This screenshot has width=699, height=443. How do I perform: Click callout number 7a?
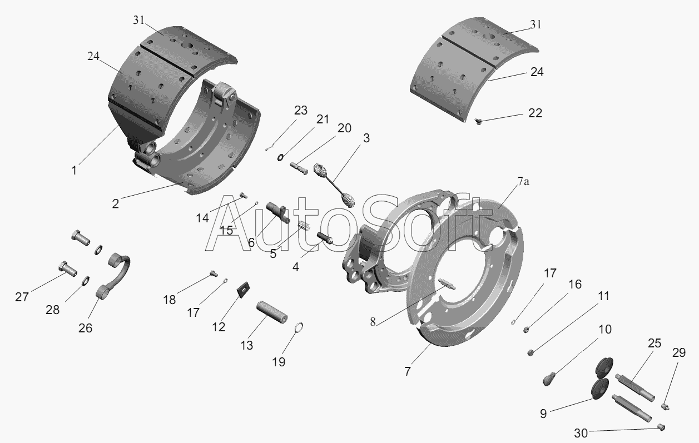click(523, 181)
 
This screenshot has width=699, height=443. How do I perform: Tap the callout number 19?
click(279, 362)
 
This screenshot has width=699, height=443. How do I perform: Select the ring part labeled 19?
click(299, 327)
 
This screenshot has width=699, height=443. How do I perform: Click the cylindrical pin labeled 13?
click(272, 312)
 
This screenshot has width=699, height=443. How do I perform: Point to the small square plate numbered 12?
click(244, 289)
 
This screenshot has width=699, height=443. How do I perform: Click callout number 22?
click(535, 113)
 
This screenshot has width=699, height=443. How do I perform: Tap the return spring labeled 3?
click(334, 185)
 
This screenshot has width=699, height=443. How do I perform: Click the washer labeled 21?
click(280, 157)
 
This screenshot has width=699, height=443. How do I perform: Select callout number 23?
click(301, 110)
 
